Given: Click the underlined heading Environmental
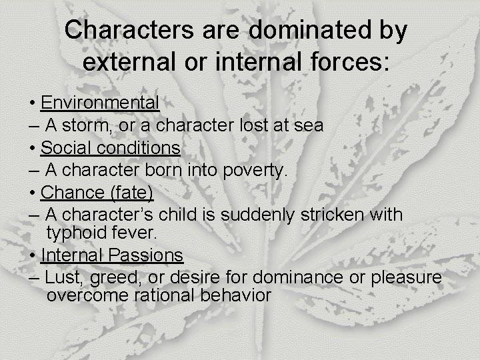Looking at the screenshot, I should tap(100, 103).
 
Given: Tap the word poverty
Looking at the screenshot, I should tap(253, 171).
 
